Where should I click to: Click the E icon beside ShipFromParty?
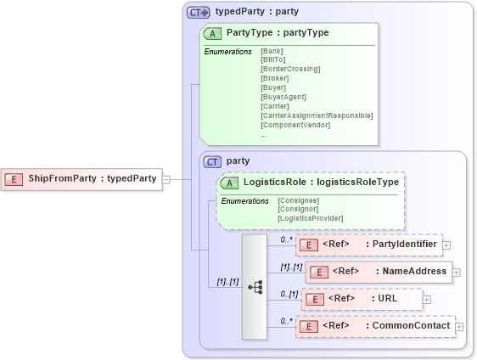[14, 179]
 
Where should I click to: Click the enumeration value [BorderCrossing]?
[290, 69]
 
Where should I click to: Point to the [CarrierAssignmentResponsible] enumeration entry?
[316, 115]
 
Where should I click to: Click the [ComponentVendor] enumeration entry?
[295, 125]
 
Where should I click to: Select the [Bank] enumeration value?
[272, 50]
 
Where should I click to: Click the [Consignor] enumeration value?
[299, 209]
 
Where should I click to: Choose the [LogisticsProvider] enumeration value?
[311, 218]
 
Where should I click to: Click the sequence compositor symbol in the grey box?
[255, 287]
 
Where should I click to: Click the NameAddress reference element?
[378, 272]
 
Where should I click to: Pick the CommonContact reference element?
[374, 326]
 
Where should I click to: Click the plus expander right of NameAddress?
[457, 273]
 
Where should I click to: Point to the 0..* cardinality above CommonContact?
[286, 320]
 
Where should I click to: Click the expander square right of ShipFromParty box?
[166, 179]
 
